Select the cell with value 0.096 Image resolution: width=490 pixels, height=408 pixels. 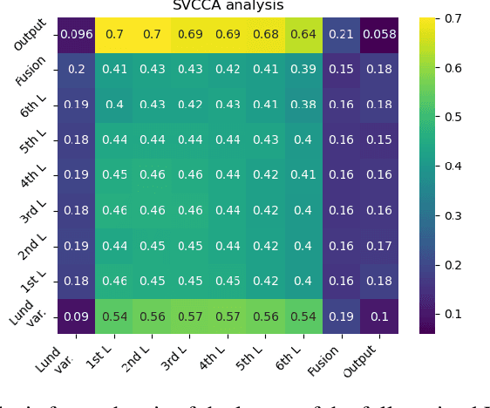coord(77,35)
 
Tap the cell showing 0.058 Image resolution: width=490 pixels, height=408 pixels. coord(380,35)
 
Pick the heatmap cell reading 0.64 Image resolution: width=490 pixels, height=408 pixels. coord(304,35)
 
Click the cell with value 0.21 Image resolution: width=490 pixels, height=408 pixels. coord(343,35)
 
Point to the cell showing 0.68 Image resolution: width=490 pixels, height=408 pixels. coord(267,35)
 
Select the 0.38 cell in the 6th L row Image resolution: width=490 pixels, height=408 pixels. coord(304,105)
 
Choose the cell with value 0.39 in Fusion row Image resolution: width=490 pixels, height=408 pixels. coord(304,70)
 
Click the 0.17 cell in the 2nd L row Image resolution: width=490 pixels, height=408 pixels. coord(380,246)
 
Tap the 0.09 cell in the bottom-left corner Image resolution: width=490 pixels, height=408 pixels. coord(77,316)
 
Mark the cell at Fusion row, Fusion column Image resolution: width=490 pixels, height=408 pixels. coord(343,70)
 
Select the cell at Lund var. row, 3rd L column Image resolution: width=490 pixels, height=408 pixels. coord(191,316)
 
